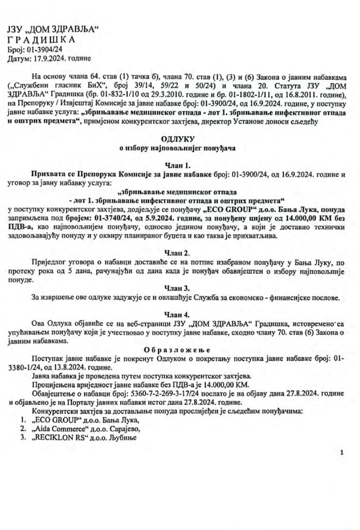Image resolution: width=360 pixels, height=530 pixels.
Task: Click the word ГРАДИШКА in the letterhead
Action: (x=42, y=40)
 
